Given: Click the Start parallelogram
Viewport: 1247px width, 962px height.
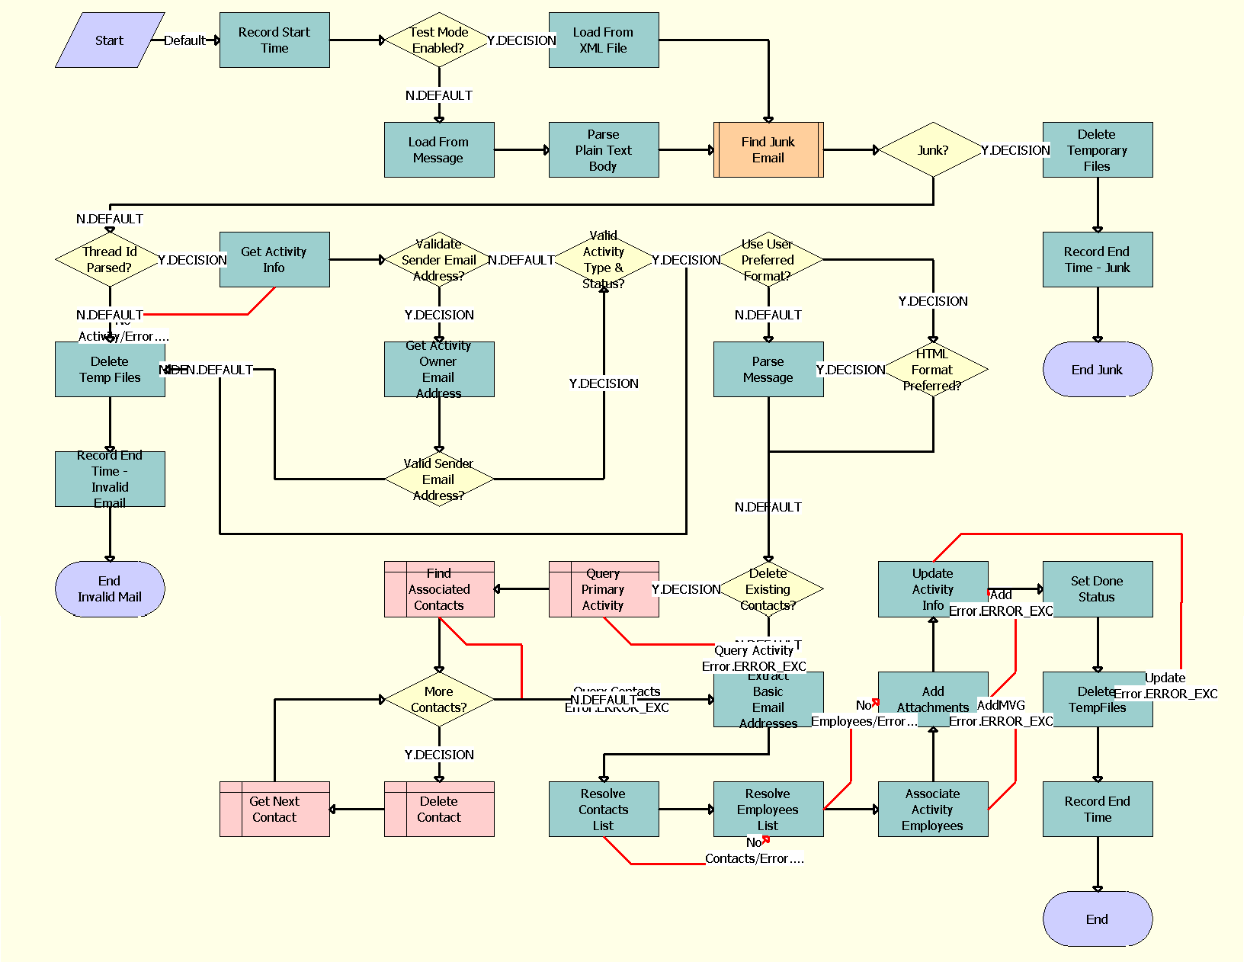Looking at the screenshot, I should pyautogui.click(x=110, y=40).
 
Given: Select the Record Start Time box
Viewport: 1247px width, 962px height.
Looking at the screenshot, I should pyautogui.click(x=274, y=40).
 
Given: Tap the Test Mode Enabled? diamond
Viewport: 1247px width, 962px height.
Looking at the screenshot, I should pyautogui.click(x=438, y=40).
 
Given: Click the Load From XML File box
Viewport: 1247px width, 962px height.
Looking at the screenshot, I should pyautogui.click(x=604, y=40).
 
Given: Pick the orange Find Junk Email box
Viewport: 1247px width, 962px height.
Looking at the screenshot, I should pyautogui.click(x=768, y=150).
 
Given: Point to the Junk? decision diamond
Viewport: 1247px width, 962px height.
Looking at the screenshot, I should pyautogui.click(x=933, y=150).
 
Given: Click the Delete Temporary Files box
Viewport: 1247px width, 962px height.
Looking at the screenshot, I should pyautogui.click(x=1098, y=150).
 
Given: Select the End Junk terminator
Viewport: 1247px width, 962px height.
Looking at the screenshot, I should pyautogui.click(x=1098, y=370).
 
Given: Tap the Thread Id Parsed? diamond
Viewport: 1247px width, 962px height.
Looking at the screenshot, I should pyautogui.click(x=110, y=260).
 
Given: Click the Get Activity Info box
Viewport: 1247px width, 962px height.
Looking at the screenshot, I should pyautogui.click(x=274, y=260).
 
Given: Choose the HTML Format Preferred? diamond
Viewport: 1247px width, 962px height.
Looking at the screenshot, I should pyautogui.click(x=933, y=370).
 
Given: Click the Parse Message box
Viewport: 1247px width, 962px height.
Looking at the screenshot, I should pyautogui.click(x=768, y=370).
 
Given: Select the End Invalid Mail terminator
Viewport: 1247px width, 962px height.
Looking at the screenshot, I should pyautogui.click(x=110, y=589).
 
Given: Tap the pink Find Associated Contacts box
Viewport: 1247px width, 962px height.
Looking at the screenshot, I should pyautogui.click(x=439, y=589).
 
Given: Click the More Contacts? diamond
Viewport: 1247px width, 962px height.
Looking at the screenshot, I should pyautogui.click(x=439, y=699).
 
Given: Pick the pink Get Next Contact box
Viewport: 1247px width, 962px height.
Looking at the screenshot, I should pyautogui.click(x=274, y=809).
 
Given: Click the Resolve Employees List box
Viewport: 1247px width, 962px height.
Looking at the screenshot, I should pyautogui.click(x=768, y=809).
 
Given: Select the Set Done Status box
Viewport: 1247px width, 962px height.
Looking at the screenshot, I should pyautogui.click(x=1098, y=589).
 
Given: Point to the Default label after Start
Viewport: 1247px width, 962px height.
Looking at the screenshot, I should pyautogui.click(x=184, y=40).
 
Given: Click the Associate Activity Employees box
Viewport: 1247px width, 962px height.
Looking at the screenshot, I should pyautogui.click(x=933, y=809).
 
